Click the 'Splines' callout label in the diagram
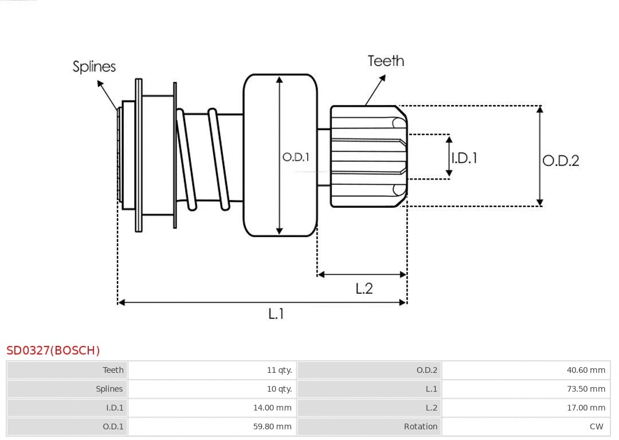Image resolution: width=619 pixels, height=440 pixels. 94,67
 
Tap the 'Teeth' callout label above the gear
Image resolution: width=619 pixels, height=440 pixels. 386,61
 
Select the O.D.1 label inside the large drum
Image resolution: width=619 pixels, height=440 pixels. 296,157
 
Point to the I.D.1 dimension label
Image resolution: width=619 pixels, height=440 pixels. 464,158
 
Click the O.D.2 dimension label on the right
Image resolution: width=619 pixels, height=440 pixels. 561,161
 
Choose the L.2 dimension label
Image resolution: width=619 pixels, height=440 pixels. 364,289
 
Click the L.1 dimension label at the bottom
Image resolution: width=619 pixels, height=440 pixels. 276,314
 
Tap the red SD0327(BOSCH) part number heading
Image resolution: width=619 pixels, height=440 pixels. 53,351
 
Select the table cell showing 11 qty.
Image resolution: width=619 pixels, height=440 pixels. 279,370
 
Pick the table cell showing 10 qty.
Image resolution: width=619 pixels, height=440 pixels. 279,389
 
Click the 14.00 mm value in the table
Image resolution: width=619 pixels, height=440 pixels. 272,408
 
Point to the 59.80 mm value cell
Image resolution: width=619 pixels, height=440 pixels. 272,426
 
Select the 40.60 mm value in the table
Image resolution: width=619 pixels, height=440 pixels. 586,370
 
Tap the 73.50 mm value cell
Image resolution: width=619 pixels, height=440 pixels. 586,389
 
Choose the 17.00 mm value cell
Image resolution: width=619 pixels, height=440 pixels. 586,408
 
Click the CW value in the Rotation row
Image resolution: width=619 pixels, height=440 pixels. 596,426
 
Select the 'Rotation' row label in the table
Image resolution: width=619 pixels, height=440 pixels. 421,426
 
